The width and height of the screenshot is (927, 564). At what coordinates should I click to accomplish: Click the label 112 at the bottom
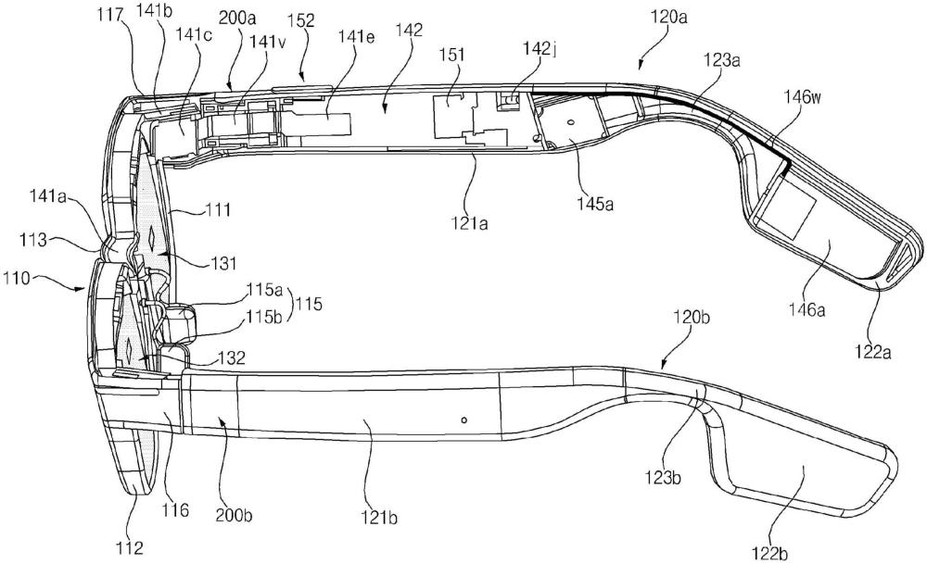(130, 549)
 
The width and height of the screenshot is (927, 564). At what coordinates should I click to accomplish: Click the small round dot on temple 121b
(463, 419)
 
